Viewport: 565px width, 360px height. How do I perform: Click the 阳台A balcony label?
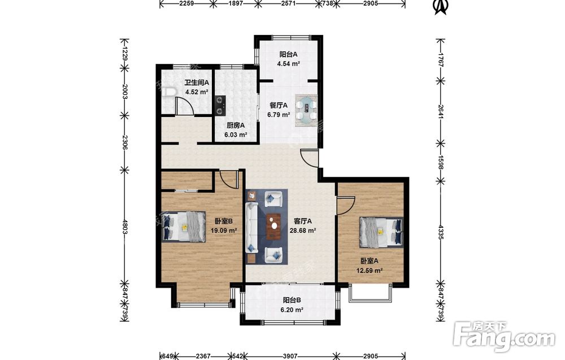tap(288, 54)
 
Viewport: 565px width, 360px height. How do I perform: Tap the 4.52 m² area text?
tap(197, 92)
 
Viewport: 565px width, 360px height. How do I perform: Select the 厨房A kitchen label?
tap(236, 125)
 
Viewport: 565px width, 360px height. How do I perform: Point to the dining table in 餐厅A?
tap(307, 110)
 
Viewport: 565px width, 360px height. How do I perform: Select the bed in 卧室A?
tap(381, 232)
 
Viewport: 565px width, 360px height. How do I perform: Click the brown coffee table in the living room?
tap(274, 226)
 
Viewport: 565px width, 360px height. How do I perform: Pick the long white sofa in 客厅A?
tap(251, 228)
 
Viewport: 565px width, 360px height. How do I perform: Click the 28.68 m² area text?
tap(303, 231)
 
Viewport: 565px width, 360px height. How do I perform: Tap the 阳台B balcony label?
tap(292, 300)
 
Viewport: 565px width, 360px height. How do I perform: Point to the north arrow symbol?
tap(440, 7)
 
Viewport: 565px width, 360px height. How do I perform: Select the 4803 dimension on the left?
tap(125, 227)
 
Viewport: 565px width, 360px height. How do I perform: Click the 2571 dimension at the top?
tap(289, 3)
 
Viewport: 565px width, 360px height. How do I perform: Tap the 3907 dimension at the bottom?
tap(290, 356)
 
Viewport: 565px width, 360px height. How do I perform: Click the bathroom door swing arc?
tap(182, 105)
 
